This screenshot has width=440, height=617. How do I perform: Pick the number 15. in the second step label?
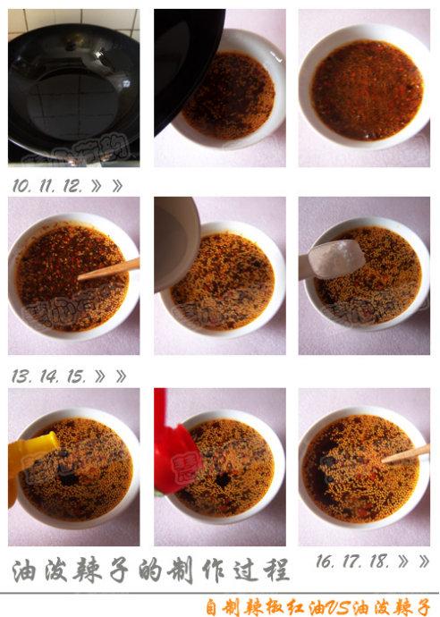(75, 376)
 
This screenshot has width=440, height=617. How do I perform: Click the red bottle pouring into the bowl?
(170, 456)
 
